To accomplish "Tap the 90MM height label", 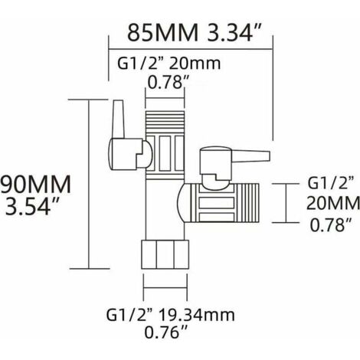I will coord(36,185).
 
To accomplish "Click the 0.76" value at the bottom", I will coord(165,333).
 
